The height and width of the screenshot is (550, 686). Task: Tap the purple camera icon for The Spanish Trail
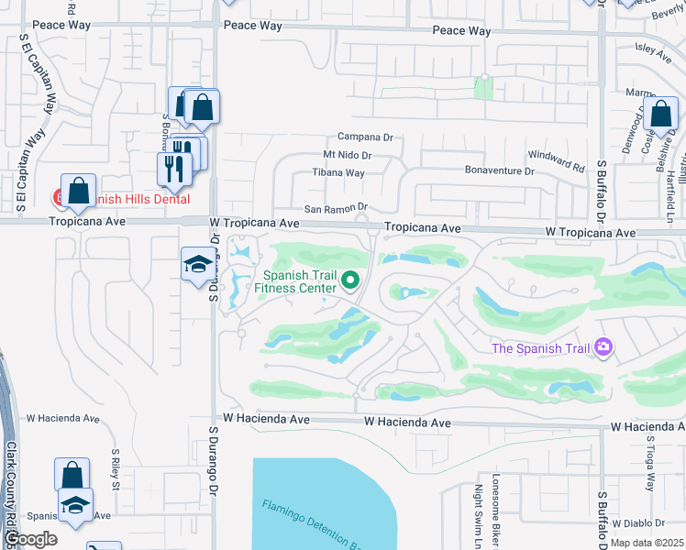tap(603, 346)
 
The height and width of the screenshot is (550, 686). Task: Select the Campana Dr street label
tap(364, 137)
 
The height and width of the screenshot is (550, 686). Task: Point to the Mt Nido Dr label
tap(347, 157)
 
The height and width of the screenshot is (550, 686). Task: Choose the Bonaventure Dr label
tap(499, 170)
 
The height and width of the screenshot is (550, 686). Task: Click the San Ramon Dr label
tap(336, 207)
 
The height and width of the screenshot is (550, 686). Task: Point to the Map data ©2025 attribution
tap(647, 543)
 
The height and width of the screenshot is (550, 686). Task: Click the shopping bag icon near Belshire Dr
tap(659, 115)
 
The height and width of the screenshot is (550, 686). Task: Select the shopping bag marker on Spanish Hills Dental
tap(78, 190)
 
